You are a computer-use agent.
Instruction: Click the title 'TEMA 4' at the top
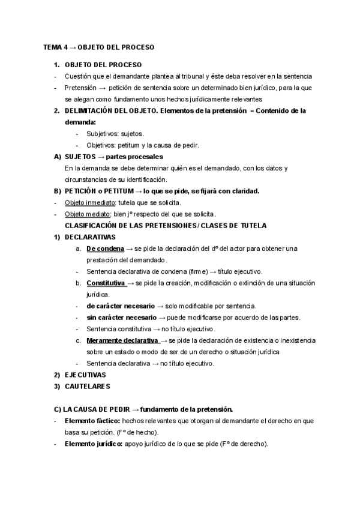(55, 47)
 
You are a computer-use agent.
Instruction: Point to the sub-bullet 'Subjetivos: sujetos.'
(115, 133)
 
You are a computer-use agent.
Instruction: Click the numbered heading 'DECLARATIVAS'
(90, 237)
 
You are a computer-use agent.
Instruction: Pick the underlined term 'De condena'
(104, 248)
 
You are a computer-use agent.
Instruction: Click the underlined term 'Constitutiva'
(106, 283)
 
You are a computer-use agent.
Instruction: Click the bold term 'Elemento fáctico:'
(92, 421)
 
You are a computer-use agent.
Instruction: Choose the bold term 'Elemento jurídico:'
(94, 444)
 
